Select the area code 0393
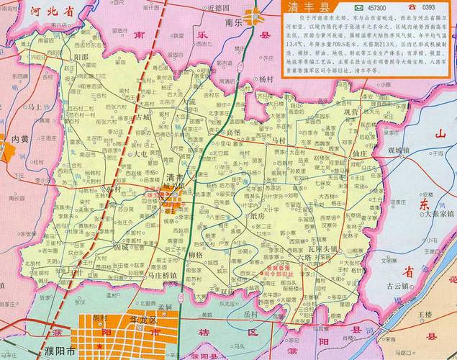pos(435,7)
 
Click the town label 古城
pos(142,117)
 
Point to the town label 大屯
pos(137,154)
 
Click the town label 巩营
pos(350,113)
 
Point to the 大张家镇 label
pos(438,214)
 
